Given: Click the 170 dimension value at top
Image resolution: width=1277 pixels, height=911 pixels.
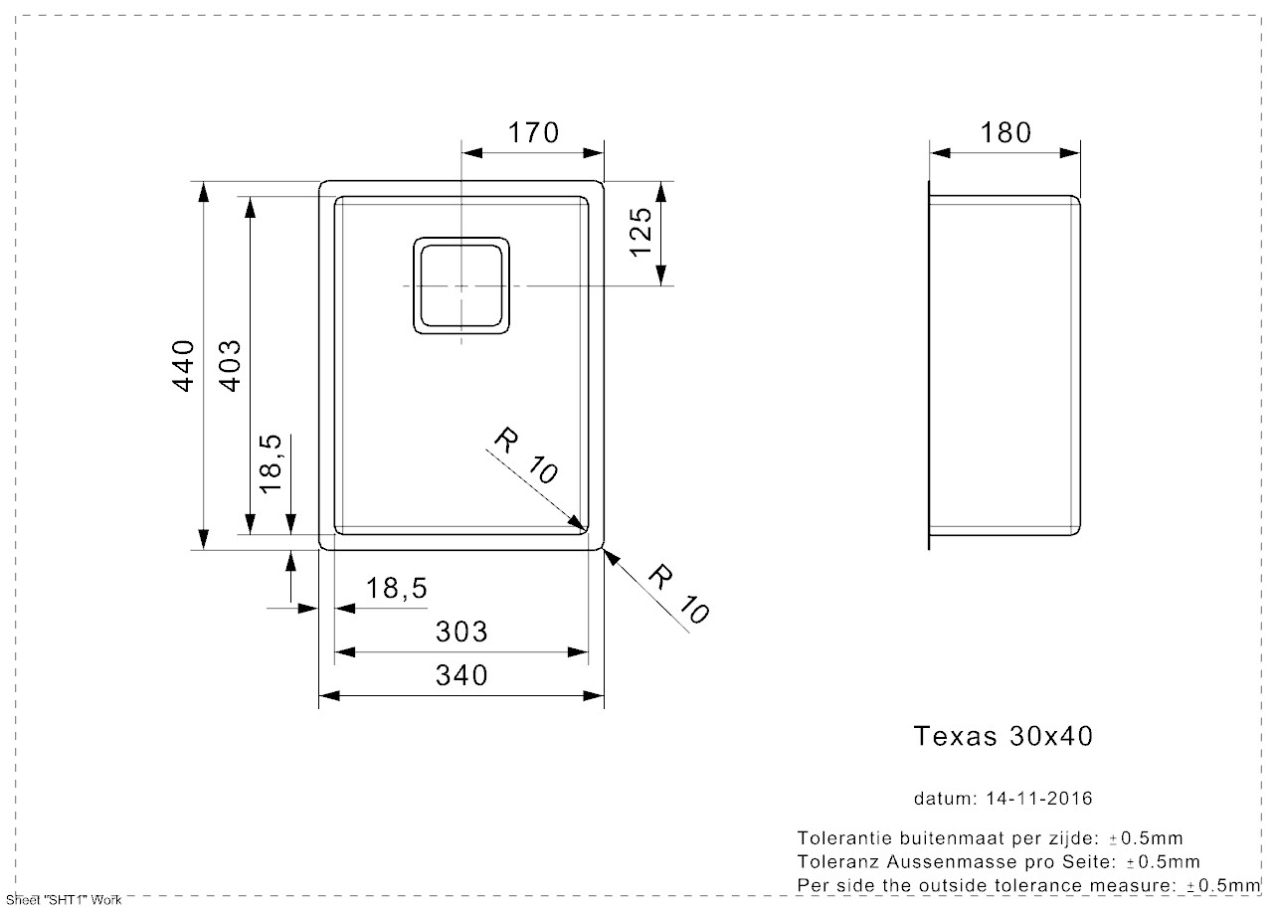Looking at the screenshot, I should click(x=534, y=132).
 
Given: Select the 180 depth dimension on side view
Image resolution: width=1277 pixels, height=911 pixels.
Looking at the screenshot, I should click(x=1004, y=132).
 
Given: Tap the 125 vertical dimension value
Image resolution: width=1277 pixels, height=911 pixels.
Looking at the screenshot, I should click(x=640, y=232).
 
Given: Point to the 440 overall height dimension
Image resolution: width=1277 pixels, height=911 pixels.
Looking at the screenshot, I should click(x=183, y=365).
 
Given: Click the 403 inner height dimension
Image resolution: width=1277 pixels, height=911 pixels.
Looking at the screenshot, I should click(x=228, y=365).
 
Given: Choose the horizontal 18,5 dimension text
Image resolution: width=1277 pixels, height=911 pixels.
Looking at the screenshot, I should click(x=396, y=589).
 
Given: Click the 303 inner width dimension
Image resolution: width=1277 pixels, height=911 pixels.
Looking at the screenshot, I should click(x=461, y=632).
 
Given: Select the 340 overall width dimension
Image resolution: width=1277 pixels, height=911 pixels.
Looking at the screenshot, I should click(x=461, y=675).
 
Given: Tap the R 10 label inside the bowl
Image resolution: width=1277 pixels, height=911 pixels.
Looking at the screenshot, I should click(x=526, y=456).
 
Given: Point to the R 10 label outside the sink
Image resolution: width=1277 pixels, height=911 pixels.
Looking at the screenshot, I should click(x=679, y=594).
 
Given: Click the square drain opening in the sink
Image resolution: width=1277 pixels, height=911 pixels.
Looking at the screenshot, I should click(x=461, y=286).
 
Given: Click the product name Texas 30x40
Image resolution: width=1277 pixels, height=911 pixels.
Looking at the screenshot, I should click(x=1003, y=736).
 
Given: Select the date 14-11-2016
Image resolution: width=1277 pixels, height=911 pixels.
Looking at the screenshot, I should click(x=1039, y=799).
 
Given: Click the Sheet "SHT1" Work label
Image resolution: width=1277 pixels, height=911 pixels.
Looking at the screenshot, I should click(x=63, y=900).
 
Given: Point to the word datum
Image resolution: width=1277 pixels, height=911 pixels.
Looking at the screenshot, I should click(x=944, y=799).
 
